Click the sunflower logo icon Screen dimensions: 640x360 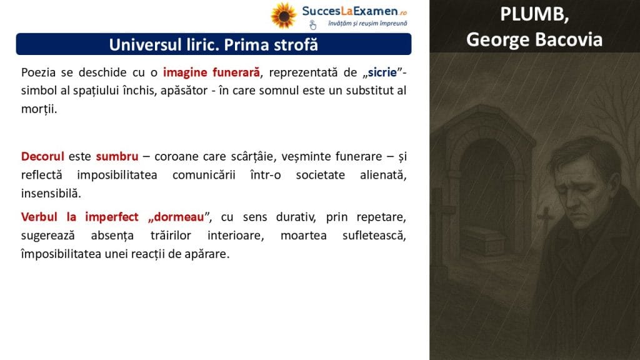284,16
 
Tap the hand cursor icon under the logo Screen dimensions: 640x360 312,25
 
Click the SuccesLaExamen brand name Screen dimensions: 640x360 350,11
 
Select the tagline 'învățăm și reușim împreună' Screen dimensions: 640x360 367,24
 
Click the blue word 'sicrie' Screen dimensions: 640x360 382,72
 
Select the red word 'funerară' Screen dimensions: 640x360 236,72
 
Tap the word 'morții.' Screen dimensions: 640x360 39,109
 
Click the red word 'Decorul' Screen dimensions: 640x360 42,156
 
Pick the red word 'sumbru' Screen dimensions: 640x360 117,156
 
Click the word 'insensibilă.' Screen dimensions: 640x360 51,193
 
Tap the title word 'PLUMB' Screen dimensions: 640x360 533,14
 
